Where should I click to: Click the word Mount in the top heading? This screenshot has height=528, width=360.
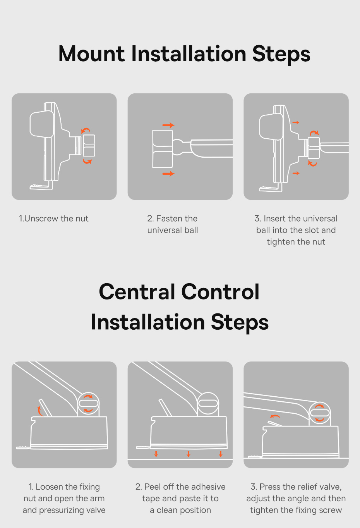pyautogui.click(x=92, y=54)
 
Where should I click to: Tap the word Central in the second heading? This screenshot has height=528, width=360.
pyautogui.click(x=137, y=292)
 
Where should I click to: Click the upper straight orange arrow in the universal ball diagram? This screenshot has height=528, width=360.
pyautogui.click(x=168, y=125)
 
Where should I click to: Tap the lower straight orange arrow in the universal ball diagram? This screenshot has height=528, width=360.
pyautogui.click(x=168, y=174)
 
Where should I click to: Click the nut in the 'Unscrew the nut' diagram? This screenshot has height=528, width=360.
pyautogui.click(x=89, y=145)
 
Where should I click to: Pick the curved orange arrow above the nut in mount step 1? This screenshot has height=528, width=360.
pyautogui.click(x=86, y=130)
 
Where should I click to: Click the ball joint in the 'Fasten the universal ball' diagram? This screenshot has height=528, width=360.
pyautogui.click(x=178, y=147)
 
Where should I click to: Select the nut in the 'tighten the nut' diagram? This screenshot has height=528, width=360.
pyautogui.click(x=314, y=148)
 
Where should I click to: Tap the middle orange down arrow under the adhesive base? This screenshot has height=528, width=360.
pyautogui.click(x=188, y=454)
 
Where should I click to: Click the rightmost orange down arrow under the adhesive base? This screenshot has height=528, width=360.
pyautogui.click(x=221, y=454)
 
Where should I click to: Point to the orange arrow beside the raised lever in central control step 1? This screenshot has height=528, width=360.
pyautogui.click(x=39, y=411)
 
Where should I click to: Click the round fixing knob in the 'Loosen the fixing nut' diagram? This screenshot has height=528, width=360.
pyautogui.click(x=88, y=403)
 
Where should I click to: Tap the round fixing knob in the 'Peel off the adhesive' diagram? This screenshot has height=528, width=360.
pyautogui.click(x=208, y=403)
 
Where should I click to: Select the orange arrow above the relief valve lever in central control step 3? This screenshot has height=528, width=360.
pyautogui.click(x=275, y=417)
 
